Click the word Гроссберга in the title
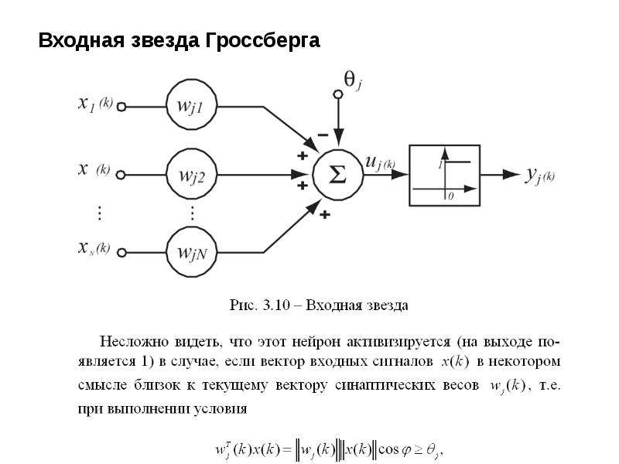click(x=263, y=41)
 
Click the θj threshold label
click(x=353, y=81)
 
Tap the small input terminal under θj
click(x=338, y=94)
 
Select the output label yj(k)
click(x=539, y=175)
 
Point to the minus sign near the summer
click(x=323, y=135)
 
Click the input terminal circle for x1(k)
click(x=121, y=107)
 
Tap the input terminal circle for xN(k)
click(x=121, y=253)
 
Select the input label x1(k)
click(x=95, y=104)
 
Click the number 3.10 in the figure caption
click(x=276, y=305)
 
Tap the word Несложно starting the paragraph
click(x=133, y=341)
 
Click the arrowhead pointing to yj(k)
click(x=511, y=175)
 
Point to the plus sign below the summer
click(x=324, y=215)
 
